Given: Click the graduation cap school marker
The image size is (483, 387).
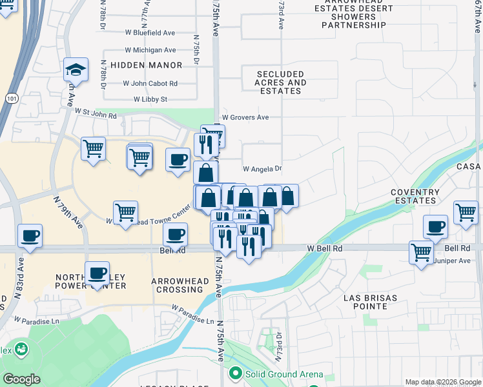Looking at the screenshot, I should tap(76, 70).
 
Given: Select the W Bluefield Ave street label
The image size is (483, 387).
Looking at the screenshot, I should tap(150, 32).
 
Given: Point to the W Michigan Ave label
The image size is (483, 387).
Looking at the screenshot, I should tap(149, 50).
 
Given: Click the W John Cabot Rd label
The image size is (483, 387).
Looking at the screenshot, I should tap(150, 83).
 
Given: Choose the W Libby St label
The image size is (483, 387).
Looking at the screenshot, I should tap(150, 99).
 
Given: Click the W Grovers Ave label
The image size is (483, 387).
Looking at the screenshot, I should tap(245, 117).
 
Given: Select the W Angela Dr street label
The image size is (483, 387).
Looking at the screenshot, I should tap(263, 169).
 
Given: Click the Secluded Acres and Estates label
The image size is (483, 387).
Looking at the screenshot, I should tap(280, 83).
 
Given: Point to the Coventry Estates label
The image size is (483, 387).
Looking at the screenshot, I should tap(415, 196).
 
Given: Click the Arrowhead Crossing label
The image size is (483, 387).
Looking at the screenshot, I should tap(178, 285).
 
